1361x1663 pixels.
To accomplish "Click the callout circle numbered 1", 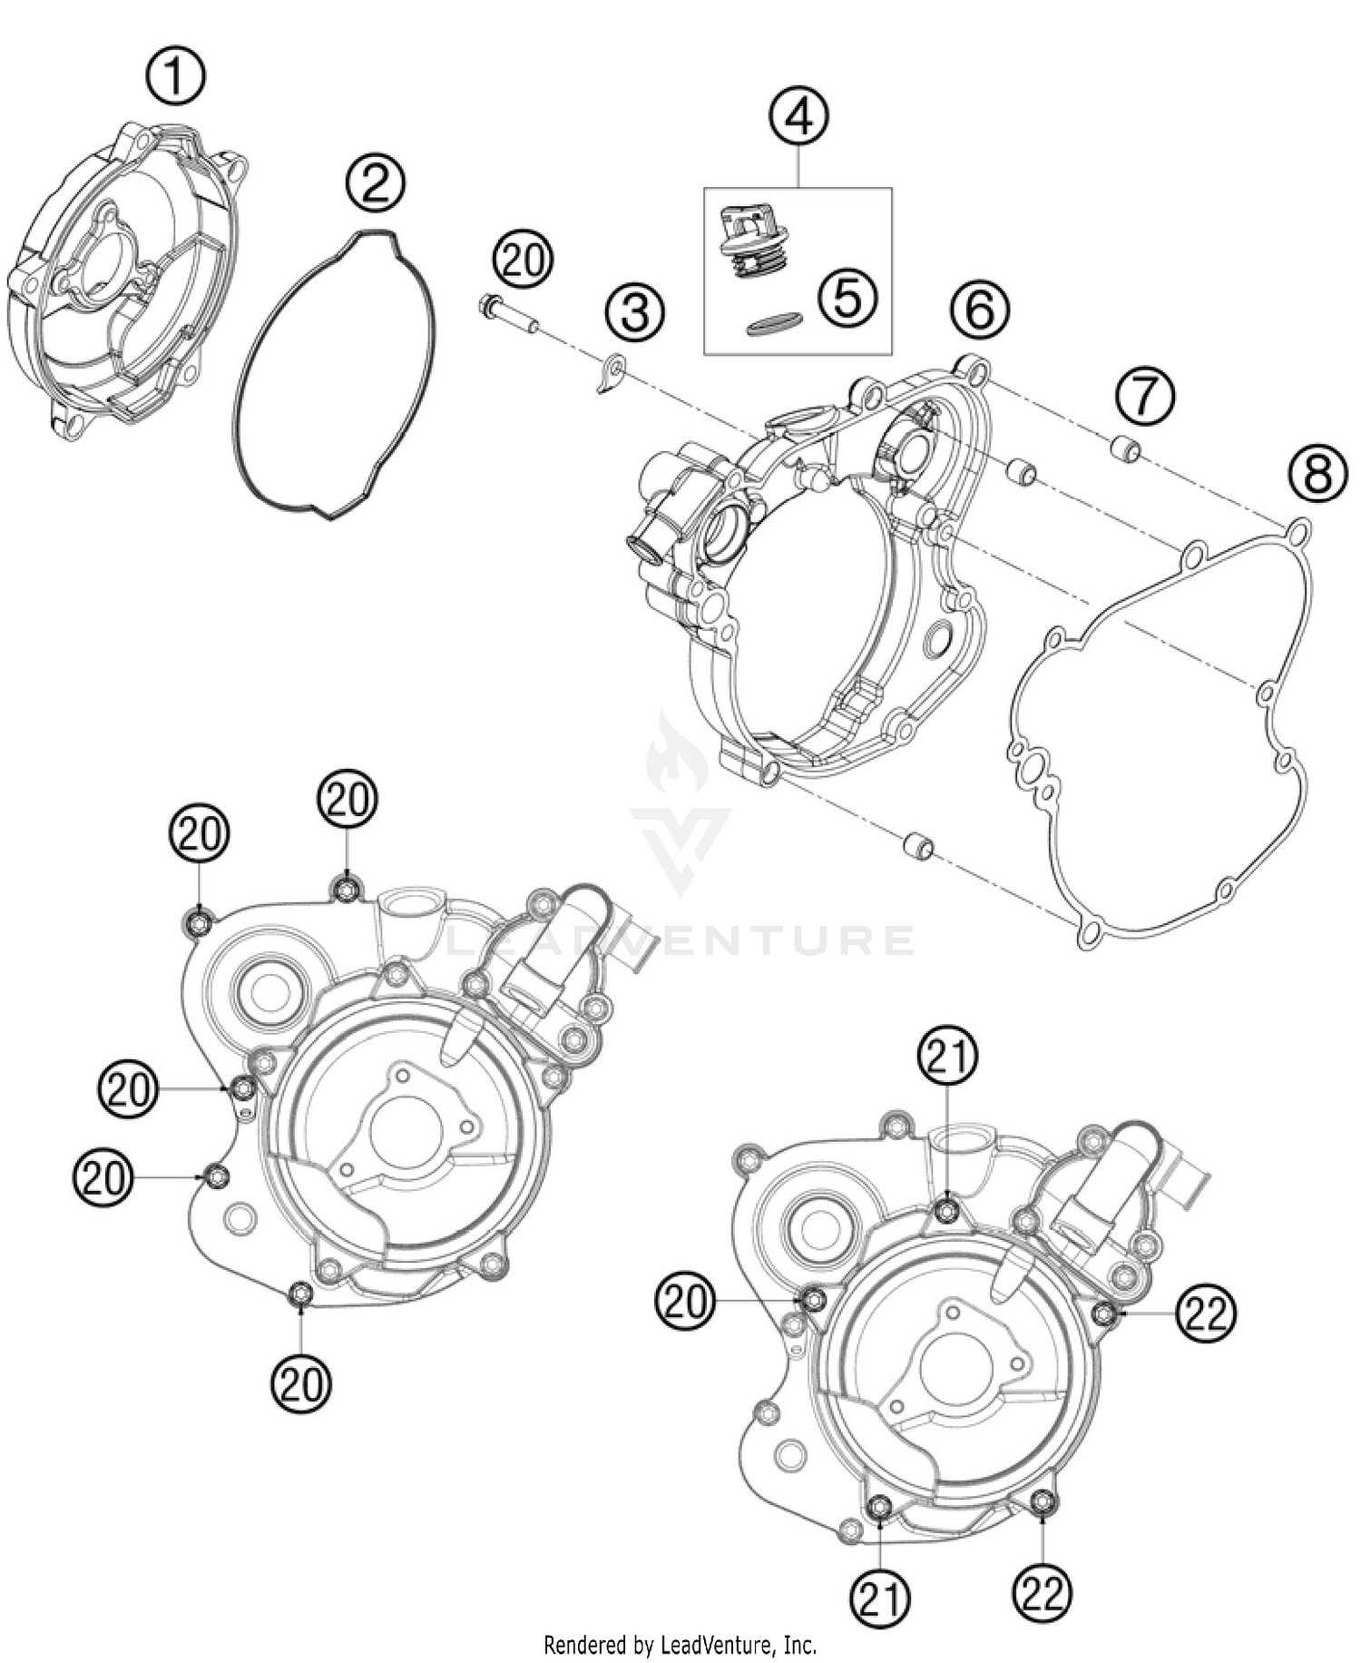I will tap(176, 77).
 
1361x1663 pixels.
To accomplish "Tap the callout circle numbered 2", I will tap(376, 184).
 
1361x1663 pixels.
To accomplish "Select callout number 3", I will tap(635, 313).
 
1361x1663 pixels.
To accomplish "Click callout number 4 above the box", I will tap(799, 118).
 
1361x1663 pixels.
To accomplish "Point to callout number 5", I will tap(847, 298).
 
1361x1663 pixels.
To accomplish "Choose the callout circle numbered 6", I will tap(979, 310).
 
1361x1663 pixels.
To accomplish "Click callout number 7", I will tap(1145, 396).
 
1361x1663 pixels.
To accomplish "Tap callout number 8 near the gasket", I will tap(1317, 475).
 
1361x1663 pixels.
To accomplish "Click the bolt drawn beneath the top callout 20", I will tap(506, 313).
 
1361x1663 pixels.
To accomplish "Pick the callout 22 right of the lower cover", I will tap(1206, 1313).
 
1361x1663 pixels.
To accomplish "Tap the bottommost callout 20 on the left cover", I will tap(301, 1384).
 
